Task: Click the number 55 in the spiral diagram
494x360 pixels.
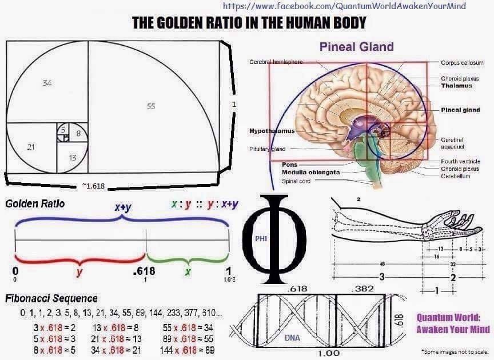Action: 151,106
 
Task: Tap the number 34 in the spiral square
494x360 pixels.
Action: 47,83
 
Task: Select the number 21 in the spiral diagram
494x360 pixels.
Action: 31,147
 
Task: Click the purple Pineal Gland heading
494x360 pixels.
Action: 356,46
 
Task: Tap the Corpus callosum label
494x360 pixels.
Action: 462,63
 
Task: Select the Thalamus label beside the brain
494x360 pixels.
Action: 456,86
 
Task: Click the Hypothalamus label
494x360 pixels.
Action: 272,131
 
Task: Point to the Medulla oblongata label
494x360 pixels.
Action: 311,172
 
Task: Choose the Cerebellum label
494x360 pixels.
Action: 455,177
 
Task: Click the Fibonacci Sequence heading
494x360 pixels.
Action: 51,298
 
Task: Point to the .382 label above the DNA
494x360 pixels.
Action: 362,289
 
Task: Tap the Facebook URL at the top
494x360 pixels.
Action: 344,6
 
